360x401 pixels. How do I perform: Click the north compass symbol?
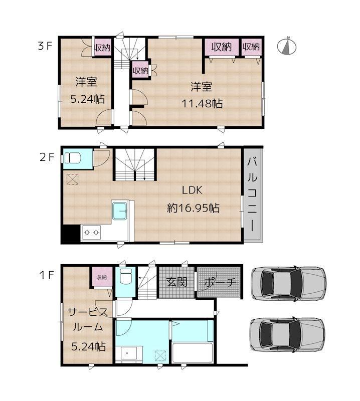pos(287,46)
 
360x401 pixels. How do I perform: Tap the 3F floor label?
pos(45,46)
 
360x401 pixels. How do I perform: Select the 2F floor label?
pos(47,157)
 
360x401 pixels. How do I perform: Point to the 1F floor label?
pos(46,275)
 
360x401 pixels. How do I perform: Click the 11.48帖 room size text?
pos(202,104)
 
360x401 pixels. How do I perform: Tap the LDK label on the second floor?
pos(192,190)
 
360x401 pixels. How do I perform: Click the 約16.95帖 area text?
pos(193,208)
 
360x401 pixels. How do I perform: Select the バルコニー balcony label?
pos(252,194)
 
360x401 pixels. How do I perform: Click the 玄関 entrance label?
pos(176,282)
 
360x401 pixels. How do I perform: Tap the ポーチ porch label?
pos(220,282)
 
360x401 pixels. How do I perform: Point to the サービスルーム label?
pos(88,319)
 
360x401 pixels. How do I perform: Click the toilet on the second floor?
pos(72,157)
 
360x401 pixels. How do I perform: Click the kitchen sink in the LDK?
pos(119,211)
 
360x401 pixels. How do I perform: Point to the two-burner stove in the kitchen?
pos(91,232)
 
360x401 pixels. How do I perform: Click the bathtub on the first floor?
pos(193,353)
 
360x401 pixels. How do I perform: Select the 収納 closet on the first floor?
pos(102,277)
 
